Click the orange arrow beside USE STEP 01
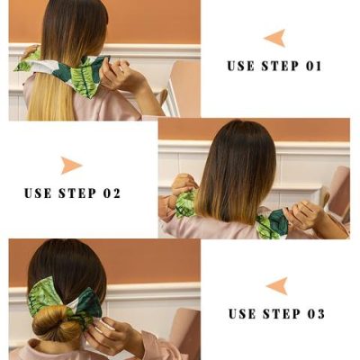coord(274,38)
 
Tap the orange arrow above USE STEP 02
coord(71,166)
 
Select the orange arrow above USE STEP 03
coord(276,286)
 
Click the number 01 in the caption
coord(310,66)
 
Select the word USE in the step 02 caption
coord(39,193)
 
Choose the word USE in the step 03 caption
coord(243,313)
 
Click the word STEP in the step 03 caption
coord(281,313)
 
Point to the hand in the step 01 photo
coord(116,74)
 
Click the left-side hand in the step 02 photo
coord(183,184)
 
